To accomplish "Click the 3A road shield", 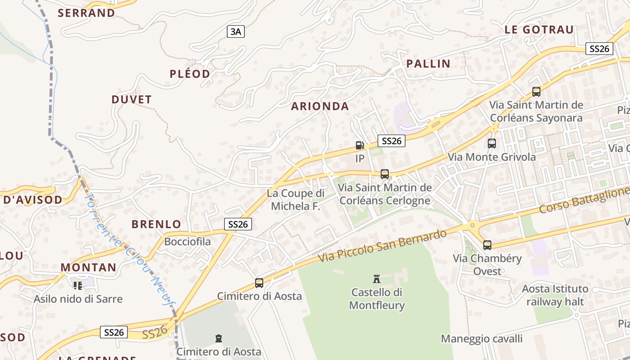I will point(236,31).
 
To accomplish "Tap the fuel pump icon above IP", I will point(360,145).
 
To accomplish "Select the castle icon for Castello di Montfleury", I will point(377,279).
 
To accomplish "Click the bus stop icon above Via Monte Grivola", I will point(492,144).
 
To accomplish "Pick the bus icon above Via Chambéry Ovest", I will point(487,245).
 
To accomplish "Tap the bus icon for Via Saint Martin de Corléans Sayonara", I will point(536,92).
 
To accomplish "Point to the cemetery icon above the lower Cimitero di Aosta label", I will point(219,338).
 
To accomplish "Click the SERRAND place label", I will point(86,13).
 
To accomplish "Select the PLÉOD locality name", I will point(190,74).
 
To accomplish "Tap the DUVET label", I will point(132,99).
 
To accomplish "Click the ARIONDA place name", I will point(320,106).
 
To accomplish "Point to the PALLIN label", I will point(428,63).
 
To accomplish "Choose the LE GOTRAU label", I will point(539,30).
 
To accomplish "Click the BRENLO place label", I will point(156,224).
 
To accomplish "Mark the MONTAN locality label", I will point(89,267).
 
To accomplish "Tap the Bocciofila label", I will point(187,242).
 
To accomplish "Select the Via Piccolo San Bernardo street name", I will point(382,246).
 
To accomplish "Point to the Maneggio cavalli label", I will point(481,338).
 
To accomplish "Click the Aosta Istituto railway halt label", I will point(555,295).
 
